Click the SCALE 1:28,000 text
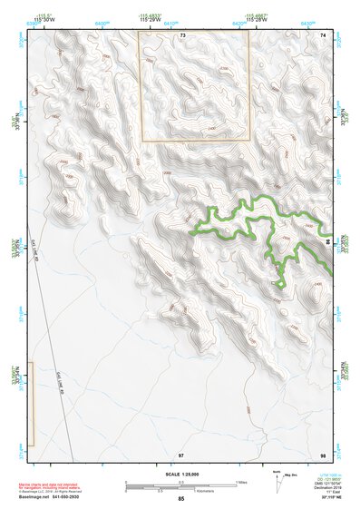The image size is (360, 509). click(x=180, y=474)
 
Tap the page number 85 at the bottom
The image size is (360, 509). click(x=180, y=499)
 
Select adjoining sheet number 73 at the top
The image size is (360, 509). click(x=182, y=34)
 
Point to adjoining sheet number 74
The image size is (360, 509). click(x=323, y=34)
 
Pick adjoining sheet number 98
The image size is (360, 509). click(x=323, y=454)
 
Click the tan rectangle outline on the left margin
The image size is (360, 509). click(x=31, y=404)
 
